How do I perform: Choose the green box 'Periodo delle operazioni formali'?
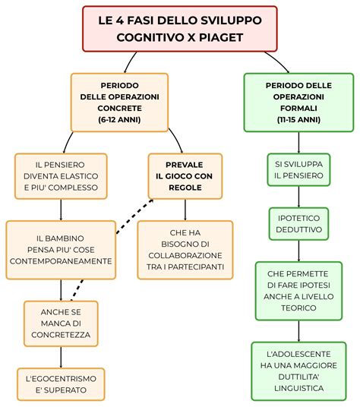(298, 102)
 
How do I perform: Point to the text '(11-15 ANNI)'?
(298, 120)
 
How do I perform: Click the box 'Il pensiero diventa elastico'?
(61, 175)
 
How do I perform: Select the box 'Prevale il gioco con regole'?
(185, 175)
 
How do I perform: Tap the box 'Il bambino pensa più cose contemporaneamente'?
(61, 249)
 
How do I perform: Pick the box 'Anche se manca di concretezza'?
(61, 323)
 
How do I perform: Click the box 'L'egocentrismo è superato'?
(61, 384)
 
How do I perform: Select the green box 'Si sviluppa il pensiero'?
(298, 169)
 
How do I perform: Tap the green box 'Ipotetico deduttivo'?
(298, 226)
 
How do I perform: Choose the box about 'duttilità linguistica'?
(298, 371)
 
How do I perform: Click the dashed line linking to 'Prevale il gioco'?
(131, 216)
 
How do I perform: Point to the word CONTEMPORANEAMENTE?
(61, 261)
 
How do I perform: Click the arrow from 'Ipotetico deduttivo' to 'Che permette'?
(298, 252)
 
